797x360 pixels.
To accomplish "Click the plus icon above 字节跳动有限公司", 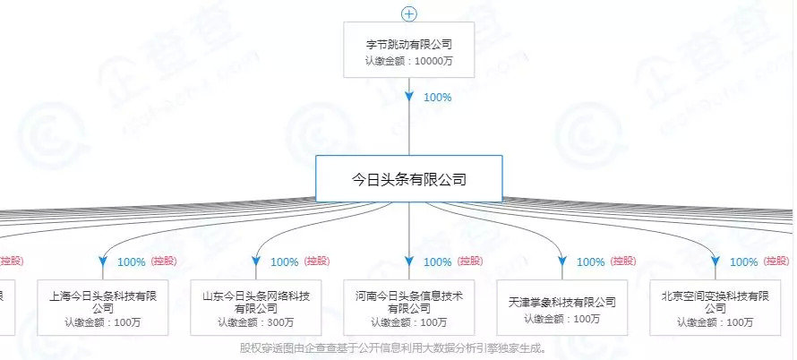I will [x=409, y=13].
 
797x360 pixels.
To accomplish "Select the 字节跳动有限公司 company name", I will [x=409, y=43].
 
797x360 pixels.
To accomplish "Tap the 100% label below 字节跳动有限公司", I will [x=437, y=97].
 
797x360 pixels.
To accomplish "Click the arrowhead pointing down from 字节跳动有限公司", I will [x=409, y=95].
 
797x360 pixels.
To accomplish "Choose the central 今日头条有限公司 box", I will [x=409, y=179].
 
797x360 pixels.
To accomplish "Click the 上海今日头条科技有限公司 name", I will [x=102, y=302].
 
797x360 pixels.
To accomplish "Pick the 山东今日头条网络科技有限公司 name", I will [x=256, y=302].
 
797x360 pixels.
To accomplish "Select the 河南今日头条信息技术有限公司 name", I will [x=409, y=302].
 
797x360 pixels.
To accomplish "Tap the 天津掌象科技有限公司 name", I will [x=562, y=302].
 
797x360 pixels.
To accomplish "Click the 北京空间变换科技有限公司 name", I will [x=716, y=302].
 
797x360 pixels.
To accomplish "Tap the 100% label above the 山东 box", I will [x=284, y=262].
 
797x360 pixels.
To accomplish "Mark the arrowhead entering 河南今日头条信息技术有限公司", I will [x=409, y=261].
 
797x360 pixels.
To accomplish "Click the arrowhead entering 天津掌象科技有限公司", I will [x=562, y=261].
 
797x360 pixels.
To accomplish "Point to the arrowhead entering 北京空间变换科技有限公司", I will [x=716, y=261].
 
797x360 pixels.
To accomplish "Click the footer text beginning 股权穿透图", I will [x=393, y=347].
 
